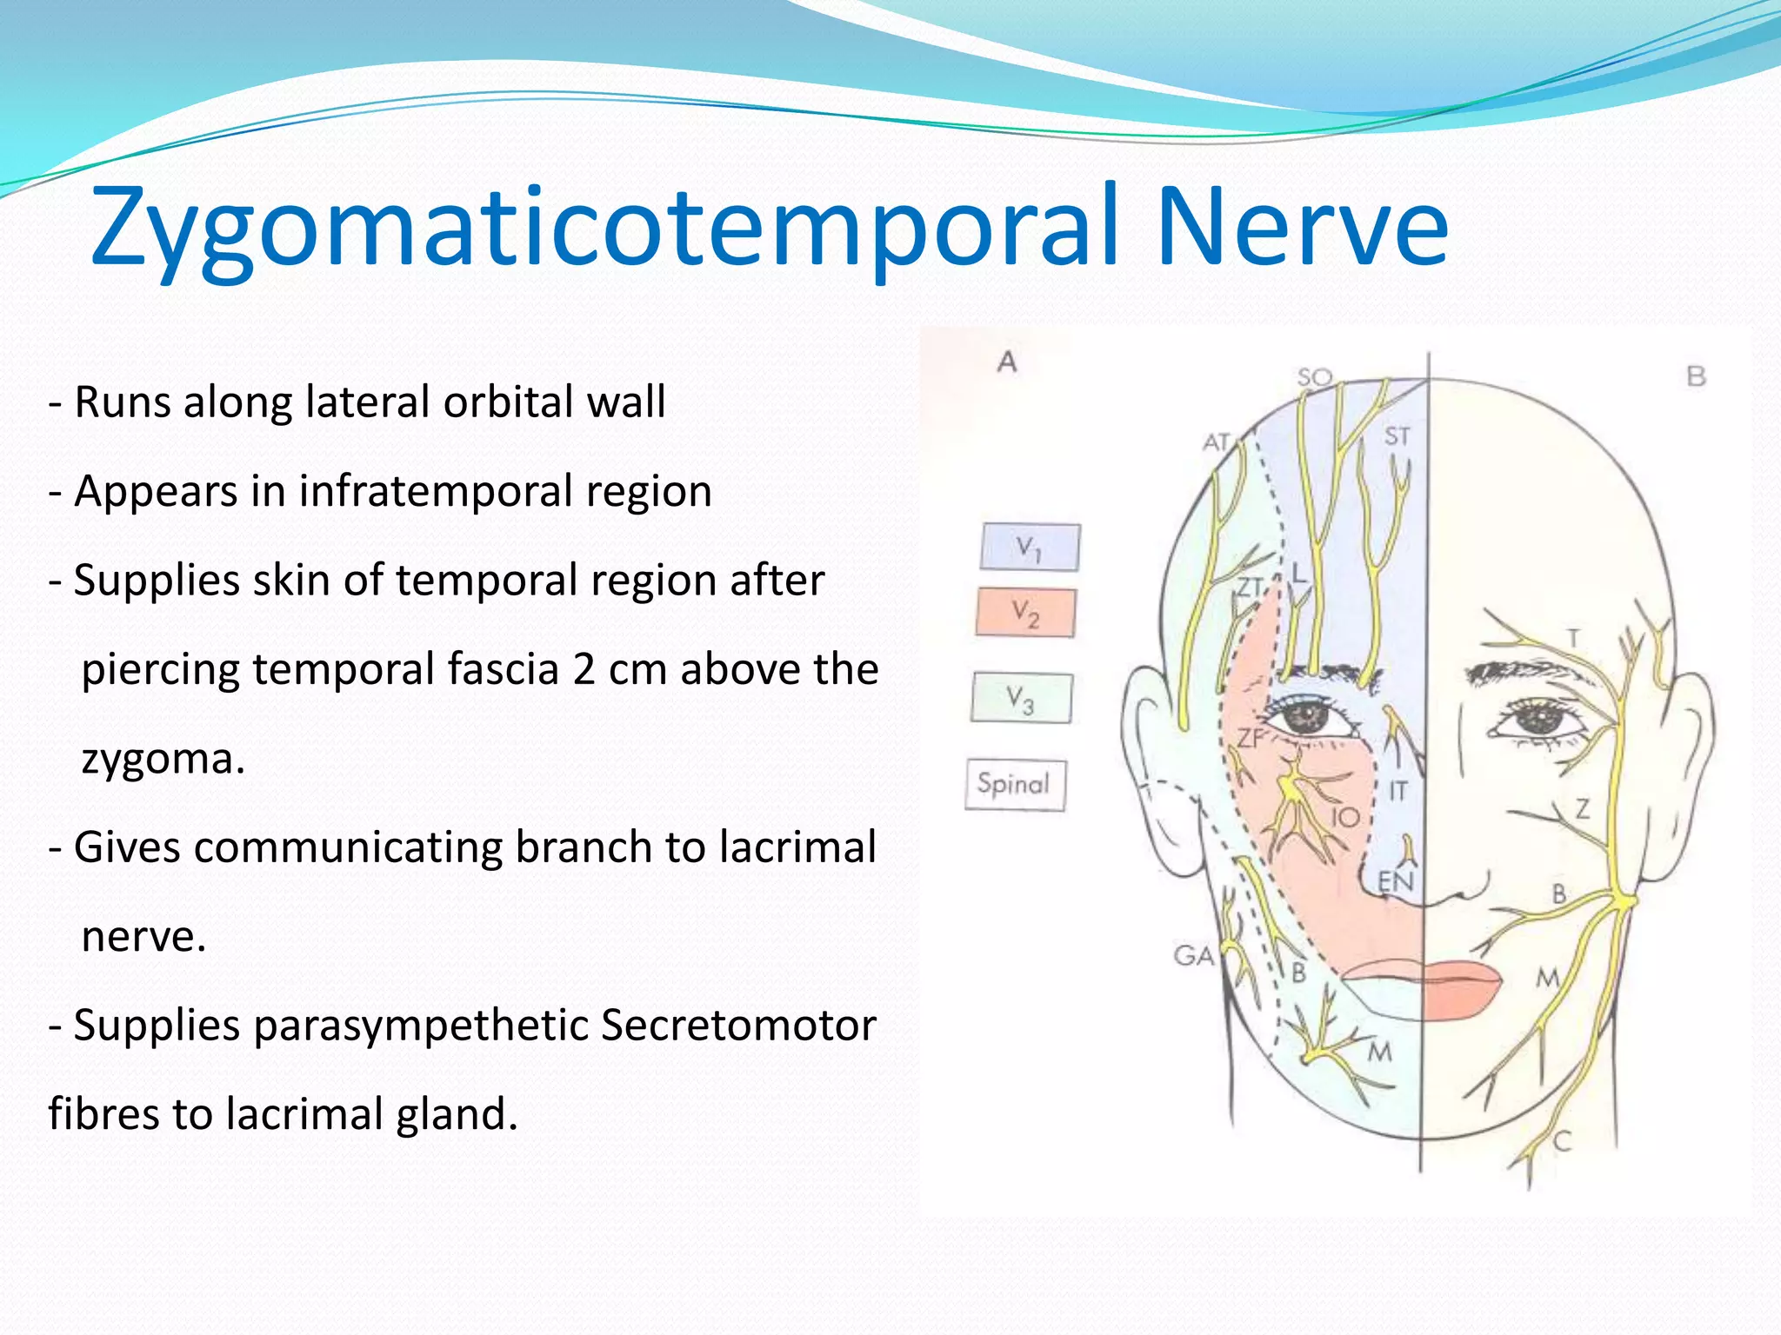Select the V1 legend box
coord(1030,548)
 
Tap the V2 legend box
coord(1025,613)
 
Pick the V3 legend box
coord(1021,698)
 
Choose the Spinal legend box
coord(1014,784)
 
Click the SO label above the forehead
coord(1314,377)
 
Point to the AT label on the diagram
coord(1217,442)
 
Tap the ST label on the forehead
coord(1397,435)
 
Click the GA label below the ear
coord(1193,956)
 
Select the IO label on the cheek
coord(1345,817)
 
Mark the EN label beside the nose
coord(1395,882)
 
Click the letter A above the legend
coord(1006,362)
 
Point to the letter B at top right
coord(1696,376)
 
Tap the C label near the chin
coord(1562,1141)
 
